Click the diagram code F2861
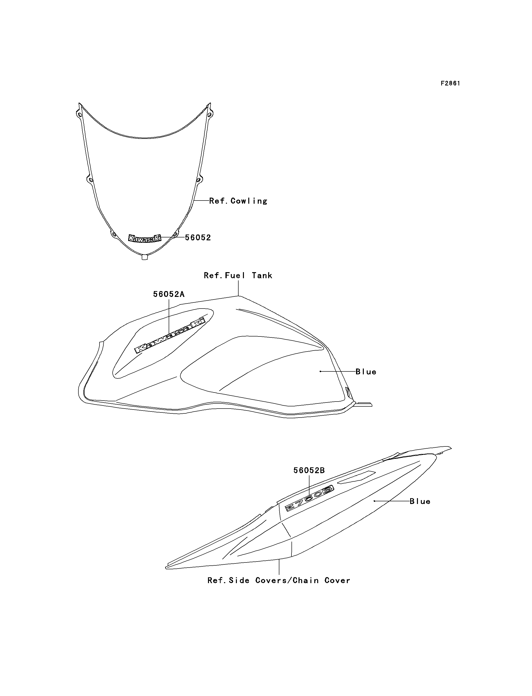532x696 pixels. point(450,83)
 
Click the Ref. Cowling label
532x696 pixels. point(238,201)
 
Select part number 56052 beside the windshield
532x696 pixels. point(198,238)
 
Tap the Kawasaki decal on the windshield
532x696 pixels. point(144,238)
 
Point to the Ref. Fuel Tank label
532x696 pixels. point(238,275)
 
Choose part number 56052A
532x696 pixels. point(169,294)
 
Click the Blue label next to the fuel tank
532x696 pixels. point(366,372)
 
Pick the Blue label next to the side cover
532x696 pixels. point(420,501)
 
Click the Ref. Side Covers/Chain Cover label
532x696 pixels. point(279,580)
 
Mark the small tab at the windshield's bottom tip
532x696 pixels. point(144,258)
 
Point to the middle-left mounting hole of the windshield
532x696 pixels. point(90,180)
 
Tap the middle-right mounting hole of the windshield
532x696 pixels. point(199,180)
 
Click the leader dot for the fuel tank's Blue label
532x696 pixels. point(320,371)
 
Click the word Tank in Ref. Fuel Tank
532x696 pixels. point(262,275)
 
